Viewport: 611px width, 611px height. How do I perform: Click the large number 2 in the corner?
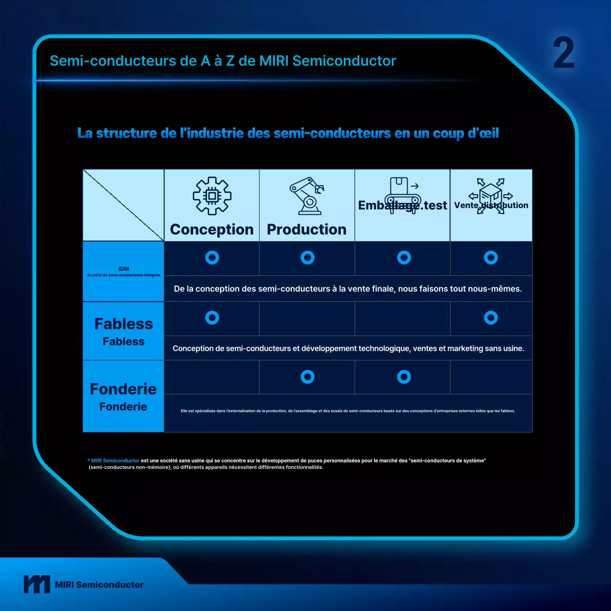(x=564, y=53)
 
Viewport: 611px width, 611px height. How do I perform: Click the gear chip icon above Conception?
(x=212, y=196)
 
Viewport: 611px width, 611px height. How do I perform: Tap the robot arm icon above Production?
(x=307, y=196)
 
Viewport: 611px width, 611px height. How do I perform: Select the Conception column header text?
(x=212, y=230)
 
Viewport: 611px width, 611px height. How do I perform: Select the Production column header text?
(x=307, y=230)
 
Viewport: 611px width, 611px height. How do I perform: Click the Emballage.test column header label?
(x=402, y=205)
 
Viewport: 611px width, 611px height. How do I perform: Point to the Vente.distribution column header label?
(x=491, y=205)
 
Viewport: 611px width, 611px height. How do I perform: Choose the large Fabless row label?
(x=124, y=324)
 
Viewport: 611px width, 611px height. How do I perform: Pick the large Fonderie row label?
(x=123, y=389)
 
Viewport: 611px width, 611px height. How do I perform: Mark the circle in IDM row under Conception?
(x=212, y=258)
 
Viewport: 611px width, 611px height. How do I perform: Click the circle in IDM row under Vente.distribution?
(x=491, y=258)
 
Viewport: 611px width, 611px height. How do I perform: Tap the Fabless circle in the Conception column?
(x=212, y=318)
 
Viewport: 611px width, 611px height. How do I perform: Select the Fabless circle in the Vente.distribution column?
(x=491, y=318)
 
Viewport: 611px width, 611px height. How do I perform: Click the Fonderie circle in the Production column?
(x=307, y=377)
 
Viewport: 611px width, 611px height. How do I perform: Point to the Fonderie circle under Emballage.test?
(x=404, y=377)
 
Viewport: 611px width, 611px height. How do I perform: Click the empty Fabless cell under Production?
(x=307, y=318)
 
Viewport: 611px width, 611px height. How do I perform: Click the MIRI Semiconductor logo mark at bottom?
(x=37, y=584)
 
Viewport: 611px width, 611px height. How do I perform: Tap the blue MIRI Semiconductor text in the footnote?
(x=115, y=461)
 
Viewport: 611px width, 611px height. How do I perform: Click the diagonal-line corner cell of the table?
(x=123, y=205)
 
